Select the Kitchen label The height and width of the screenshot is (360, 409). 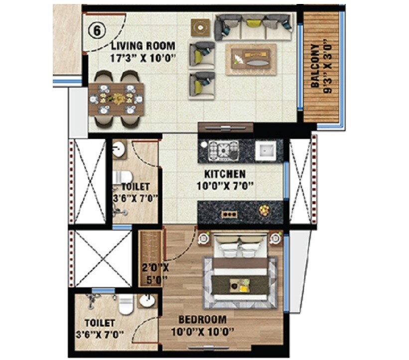coord(225,174)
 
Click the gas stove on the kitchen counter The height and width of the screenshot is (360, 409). coord(223,149)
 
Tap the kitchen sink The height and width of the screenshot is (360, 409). coord(266,150)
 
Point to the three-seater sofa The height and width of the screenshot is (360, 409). coord(254,27)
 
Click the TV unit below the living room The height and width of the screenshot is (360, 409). coord(226,127)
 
